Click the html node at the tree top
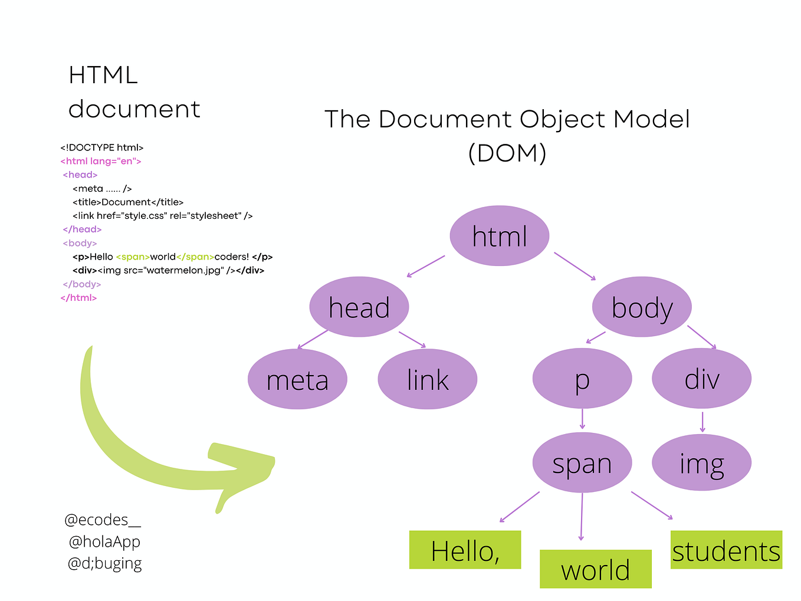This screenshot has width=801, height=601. coord(499,236)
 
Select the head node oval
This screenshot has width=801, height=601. coord(359,307)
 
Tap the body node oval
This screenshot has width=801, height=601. coord(642,307)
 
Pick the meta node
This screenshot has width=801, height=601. coord(297,379)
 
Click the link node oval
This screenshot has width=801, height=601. coord(427,379)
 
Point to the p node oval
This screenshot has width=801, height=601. coord(582,379)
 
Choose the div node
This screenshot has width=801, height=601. coord(701,379)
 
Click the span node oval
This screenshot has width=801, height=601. coord(582,463)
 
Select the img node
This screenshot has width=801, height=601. coord(701,463)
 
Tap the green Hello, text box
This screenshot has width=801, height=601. coord(465,550)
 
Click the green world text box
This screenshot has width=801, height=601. coord(595,569)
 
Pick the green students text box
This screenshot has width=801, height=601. coord(726,550)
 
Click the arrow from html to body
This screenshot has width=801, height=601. coord(575,266)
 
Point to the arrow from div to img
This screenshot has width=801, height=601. coord(702,422)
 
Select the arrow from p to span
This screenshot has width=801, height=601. coord(582,419)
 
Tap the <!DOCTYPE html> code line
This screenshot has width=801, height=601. coord(102,147)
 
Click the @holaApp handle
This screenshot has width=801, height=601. coord(104,541)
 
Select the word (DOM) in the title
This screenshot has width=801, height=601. coord(507,153)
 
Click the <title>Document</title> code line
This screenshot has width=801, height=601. coord(128,202)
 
